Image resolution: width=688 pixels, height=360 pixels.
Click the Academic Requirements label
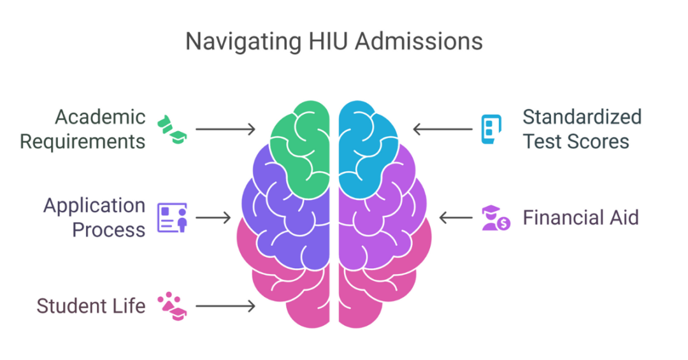click(x=83, y=129)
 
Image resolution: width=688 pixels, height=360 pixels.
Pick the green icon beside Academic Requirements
click(x=172, y=129)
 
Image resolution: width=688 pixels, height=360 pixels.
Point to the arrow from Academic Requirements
click(x=225, y=129)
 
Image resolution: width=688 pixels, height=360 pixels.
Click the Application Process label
click(x=94, y=217)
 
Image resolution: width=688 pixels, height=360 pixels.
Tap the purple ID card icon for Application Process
click(x=172, y=217)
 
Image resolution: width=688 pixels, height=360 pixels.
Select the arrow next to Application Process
click(x=213, y=217)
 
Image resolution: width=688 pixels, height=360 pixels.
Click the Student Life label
click(x=91, y=306)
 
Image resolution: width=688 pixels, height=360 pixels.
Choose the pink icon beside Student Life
click(x=172, y=306)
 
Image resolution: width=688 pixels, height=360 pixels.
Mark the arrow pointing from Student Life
click(x=225, y=306)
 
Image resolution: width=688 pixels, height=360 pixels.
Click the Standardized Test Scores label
click(x=582, y=129)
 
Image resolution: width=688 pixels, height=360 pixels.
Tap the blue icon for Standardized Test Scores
click(x=491, y=129)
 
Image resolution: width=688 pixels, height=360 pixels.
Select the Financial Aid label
click(x=580, y=217)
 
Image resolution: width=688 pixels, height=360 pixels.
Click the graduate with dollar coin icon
click(x=496, y=217)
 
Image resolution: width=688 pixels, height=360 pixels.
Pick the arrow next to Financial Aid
click(x=455, y=217)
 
